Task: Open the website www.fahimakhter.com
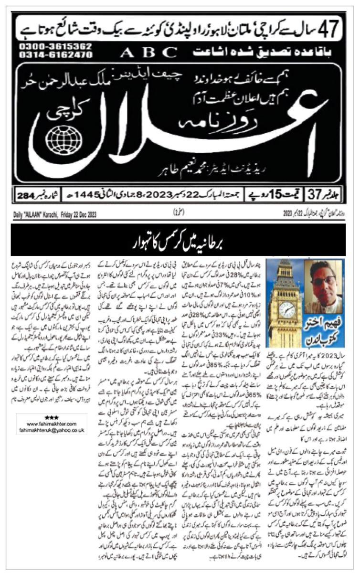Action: pyautogui.click(x=52, y=423)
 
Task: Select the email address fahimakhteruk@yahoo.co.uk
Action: pyautogui.click(x=52, y=429)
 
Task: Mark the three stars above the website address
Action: pyautogui.click(x=51, y=417)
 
